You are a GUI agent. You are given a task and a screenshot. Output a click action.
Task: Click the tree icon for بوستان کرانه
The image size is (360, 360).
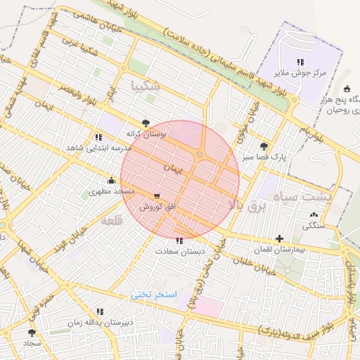click(x=146, y=122)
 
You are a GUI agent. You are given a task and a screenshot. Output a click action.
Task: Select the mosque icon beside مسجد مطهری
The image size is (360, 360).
click(x=111, y=180)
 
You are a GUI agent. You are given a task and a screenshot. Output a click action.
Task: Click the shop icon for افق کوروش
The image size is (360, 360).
click(x=156, y=196)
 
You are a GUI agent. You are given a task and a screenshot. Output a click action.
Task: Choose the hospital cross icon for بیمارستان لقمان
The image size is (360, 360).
click(x=280, y=239)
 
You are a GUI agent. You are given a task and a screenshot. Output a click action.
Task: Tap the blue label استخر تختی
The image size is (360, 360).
click(x=155, y=295)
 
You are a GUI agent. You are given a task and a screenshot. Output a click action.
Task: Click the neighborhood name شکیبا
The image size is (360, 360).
click(x=146, y=86)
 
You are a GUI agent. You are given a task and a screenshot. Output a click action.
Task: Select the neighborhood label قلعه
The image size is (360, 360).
click(x=112, y=221)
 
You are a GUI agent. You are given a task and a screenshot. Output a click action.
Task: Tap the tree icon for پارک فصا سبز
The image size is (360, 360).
click(x=264, y=146)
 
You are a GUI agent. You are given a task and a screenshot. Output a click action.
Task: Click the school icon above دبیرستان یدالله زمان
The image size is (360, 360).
click(x=99, y=311)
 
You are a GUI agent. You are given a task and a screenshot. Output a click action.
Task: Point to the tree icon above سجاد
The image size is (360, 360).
click(x=31, y=332)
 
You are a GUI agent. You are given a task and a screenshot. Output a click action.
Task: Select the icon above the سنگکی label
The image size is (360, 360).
click(x=314, y=214)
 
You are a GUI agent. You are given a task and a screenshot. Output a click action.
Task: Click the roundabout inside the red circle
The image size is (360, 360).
click(x=200, y=155)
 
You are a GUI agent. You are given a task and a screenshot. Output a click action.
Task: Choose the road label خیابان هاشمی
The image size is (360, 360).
click(x=82, y=21)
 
